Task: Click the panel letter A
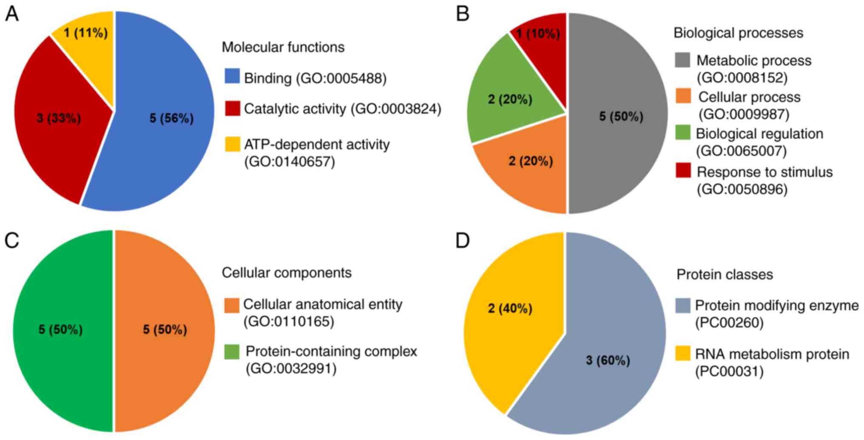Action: click(x=11, y=14)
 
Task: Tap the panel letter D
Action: click(x=463, y=241)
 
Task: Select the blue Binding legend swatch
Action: click(x=232, y=76)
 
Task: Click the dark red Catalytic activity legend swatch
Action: click(x=232, y=109)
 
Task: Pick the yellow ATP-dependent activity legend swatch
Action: click(x=232, y=144)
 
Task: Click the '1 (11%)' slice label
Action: click(x=86, y=33)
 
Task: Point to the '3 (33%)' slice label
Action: click(x=59, y=118)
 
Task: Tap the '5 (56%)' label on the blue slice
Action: click(x=171, y=118)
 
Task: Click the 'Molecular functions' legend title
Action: click(x=283, y=47)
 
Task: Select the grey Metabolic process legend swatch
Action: click(x=682, y=60)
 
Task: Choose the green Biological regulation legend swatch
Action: click(x=683, y=133)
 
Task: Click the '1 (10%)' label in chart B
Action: click(x=538, y=34)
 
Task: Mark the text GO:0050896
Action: click(x=742, y=189)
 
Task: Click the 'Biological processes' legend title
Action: click(x=739, y=33)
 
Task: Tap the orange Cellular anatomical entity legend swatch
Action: click(x=232, y=305)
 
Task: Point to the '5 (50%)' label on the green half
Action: click(x=60, y=329)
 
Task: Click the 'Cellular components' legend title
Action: click(x=287, y=272)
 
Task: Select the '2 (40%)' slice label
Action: click(x=510, y=308)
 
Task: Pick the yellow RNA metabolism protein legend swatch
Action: click(x=683, y=354)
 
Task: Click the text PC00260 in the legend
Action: click(x=729, y=323)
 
